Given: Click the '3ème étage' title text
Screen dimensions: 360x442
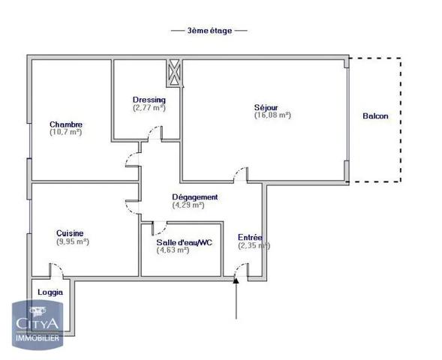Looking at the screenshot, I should click(209, 31).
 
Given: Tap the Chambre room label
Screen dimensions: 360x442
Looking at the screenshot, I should click(66, 124).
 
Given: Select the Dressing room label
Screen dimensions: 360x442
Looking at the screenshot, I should click(149, 100).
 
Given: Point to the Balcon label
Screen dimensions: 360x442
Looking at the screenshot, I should click(375, 115).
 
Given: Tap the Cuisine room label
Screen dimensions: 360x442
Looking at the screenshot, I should click(70, 233).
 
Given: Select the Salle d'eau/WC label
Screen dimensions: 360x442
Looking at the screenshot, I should click(185, 242).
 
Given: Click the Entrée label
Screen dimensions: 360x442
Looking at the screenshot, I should click(250, 237).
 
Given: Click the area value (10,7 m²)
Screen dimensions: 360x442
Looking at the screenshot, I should click(66, 133).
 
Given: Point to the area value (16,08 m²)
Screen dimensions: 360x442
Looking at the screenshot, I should click(272, 115).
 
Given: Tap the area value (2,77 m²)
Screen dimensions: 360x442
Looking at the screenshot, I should click(149, 108).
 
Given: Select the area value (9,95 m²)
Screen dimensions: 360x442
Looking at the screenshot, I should click(73, 241).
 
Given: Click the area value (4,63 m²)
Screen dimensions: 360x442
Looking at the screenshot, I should click(173, 250).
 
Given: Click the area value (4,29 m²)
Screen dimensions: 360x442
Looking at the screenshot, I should click(188, 205).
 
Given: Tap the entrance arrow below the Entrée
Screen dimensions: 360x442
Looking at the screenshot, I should click(236, 296).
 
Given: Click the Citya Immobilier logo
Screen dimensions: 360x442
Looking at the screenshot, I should click(40, 324).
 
